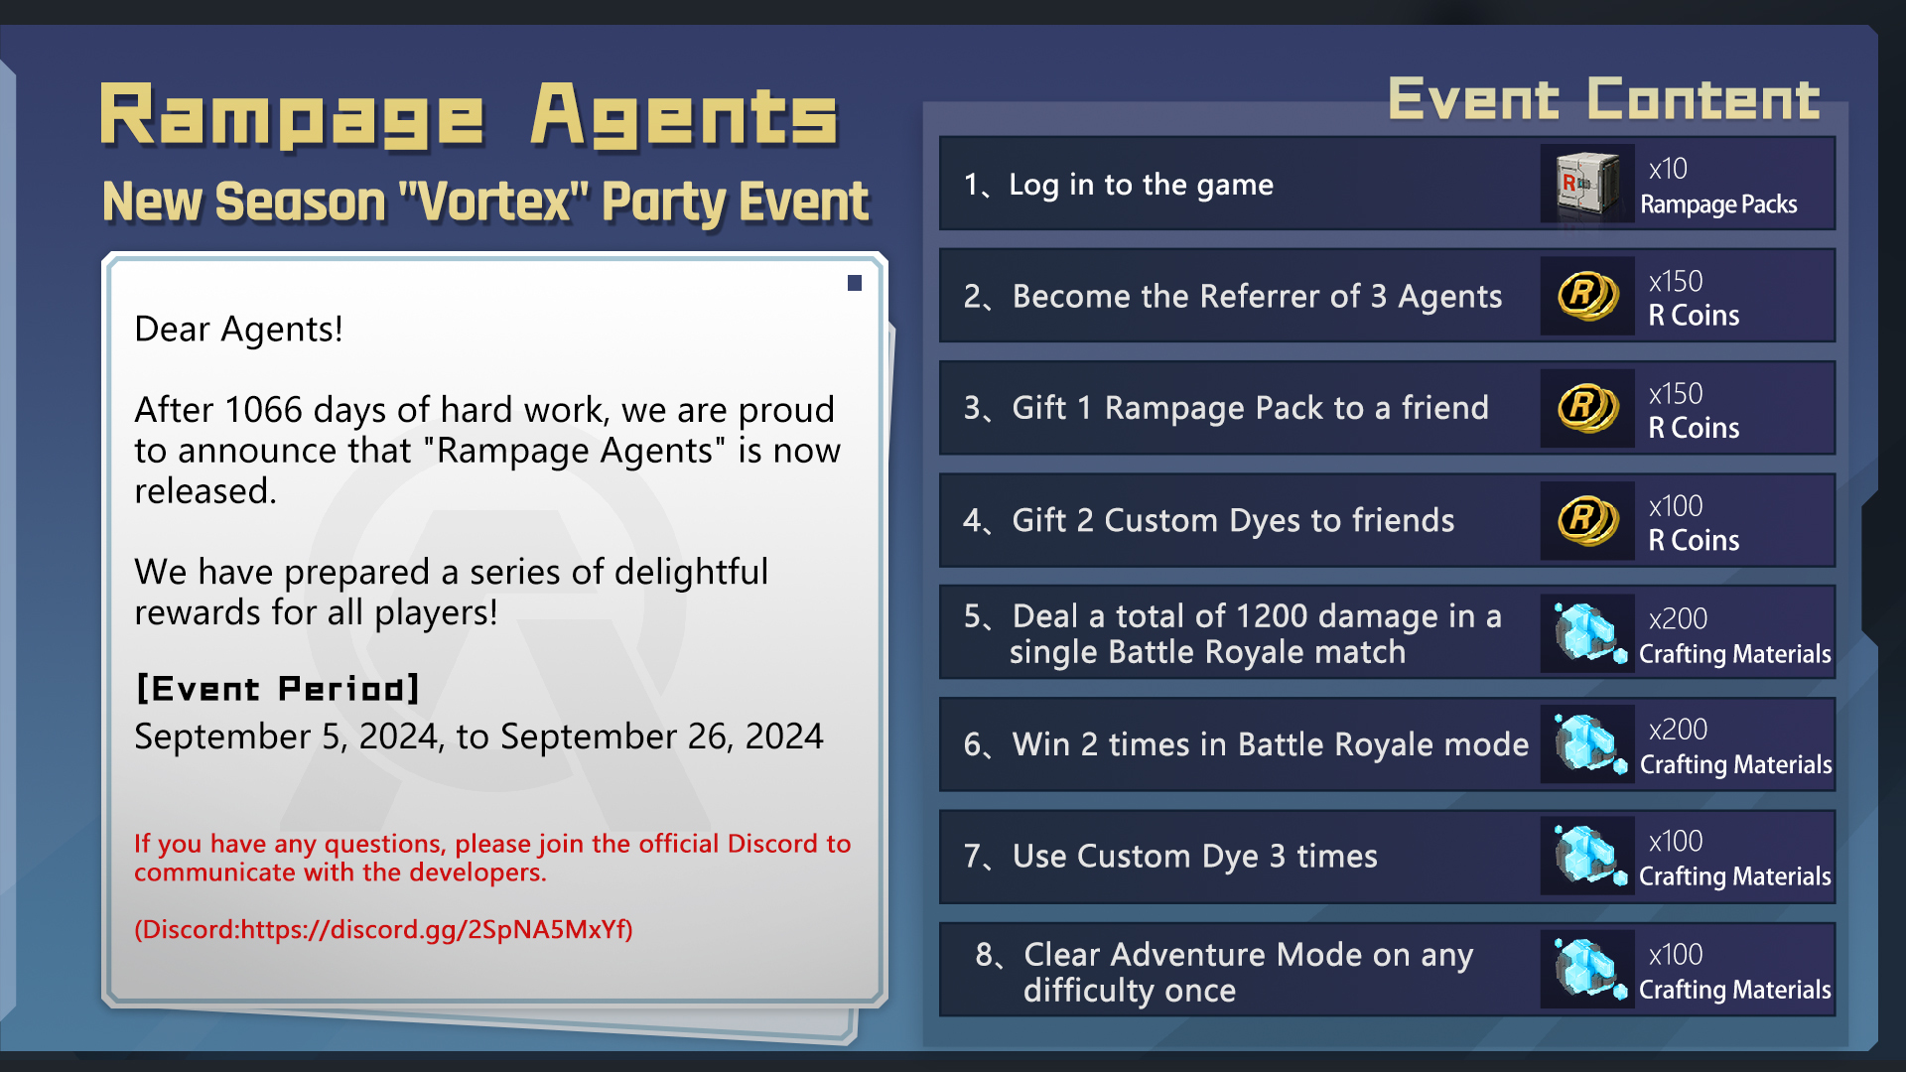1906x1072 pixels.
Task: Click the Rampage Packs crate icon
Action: (1587, 184)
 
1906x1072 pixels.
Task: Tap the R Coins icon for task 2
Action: (1587, 296)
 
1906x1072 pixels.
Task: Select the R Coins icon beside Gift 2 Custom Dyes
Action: (1587, 521)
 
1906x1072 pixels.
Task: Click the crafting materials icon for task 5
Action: (1589, 633)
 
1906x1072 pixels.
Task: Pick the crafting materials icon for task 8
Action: (1589, 969)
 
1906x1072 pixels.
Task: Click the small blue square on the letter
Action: (855, 283)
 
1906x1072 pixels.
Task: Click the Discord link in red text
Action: (383, 929)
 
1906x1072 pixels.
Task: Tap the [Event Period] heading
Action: (278, 689)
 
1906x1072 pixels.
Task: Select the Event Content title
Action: (1604, 99)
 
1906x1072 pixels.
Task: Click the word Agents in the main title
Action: (685, 116)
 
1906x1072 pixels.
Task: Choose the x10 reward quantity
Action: (1668, 169)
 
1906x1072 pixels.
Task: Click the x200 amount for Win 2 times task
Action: (1678, 730)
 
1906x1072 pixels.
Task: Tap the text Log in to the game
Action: (1141, 185)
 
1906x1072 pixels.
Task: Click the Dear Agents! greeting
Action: (238, 329)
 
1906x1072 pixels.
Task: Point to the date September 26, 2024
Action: (662, 737)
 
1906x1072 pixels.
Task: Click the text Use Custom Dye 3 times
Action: (1195, 856)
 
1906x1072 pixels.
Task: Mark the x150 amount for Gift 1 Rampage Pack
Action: (1676, 394)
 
